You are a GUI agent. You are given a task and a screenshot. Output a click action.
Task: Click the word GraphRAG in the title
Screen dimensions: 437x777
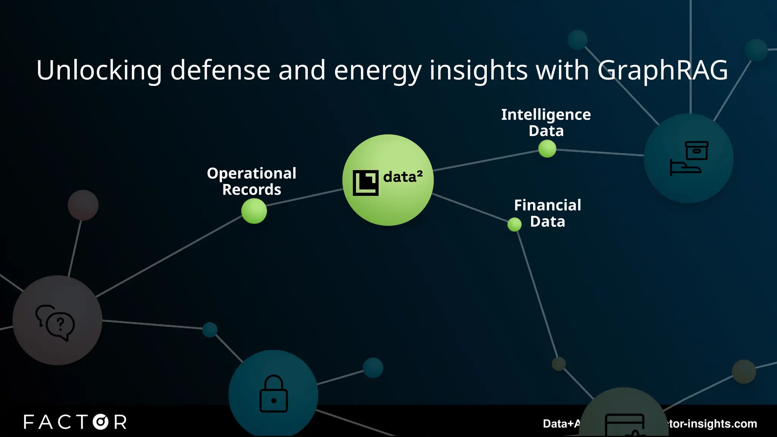(x=662, y=71)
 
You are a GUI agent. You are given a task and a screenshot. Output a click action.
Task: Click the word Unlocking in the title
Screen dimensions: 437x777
(x=99, y=71)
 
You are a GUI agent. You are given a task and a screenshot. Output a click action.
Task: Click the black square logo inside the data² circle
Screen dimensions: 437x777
(x=365, y=183)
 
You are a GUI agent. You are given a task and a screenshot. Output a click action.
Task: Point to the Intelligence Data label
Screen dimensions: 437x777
(x=546, y=123)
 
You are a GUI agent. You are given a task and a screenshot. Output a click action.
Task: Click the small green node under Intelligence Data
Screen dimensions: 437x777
(x=547, y=149)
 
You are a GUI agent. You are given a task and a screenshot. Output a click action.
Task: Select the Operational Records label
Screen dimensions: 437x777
(x=252, y=181)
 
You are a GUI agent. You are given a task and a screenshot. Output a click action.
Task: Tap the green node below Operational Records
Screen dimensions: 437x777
(x=254, y=211)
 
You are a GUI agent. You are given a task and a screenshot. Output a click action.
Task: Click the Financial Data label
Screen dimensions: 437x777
(x=547, y=213)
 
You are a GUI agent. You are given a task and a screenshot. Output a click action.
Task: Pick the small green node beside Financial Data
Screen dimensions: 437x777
(x=514, y=225)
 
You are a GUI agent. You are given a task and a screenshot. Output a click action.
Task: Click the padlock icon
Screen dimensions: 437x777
(x=274, y=394)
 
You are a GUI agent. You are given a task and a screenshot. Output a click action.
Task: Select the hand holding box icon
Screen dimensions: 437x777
(x=689, y=158)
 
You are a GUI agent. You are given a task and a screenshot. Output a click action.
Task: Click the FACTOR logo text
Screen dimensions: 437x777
(x=75, y=422)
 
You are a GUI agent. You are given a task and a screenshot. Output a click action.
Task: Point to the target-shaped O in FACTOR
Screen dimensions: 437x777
(x=101, y=422)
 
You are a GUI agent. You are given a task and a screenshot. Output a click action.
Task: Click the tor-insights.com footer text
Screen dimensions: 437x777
(x=713, y=424)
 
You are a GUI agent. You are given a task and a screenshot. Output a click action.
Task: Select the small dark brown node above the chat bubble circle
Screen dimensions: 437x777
(x=83, y=205)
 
